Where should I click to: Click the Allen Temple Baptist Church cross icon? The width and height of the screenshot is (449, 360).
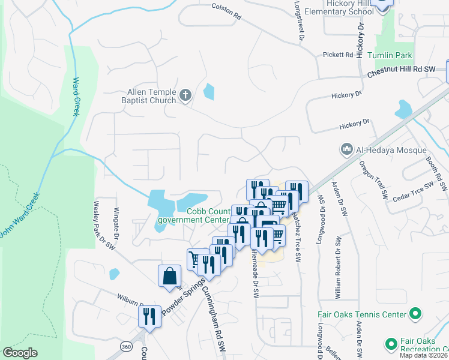click(x=186, y=95)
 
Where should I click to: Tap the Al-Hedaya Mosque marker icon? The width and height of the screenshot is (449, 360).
click(x=346, y=149)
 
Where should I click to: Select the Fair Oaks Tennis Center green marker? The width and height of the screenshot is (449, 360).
click(x=414, y=314)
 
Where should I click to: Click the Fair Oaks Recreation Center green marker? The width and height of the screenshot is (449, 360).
click(x=391, y=344)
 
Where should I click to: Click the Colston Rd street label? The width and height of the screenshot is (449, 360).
click(x=226, y=11)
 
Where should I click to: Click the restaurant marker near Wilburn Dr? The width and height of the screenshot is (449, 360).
click(x=149, y=316)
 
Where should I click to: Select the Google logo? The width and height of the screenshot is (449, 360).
click(x=20, y=353)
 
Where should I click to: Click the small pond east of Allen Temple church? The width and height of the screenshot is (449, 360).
click(x=209, y=91)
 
